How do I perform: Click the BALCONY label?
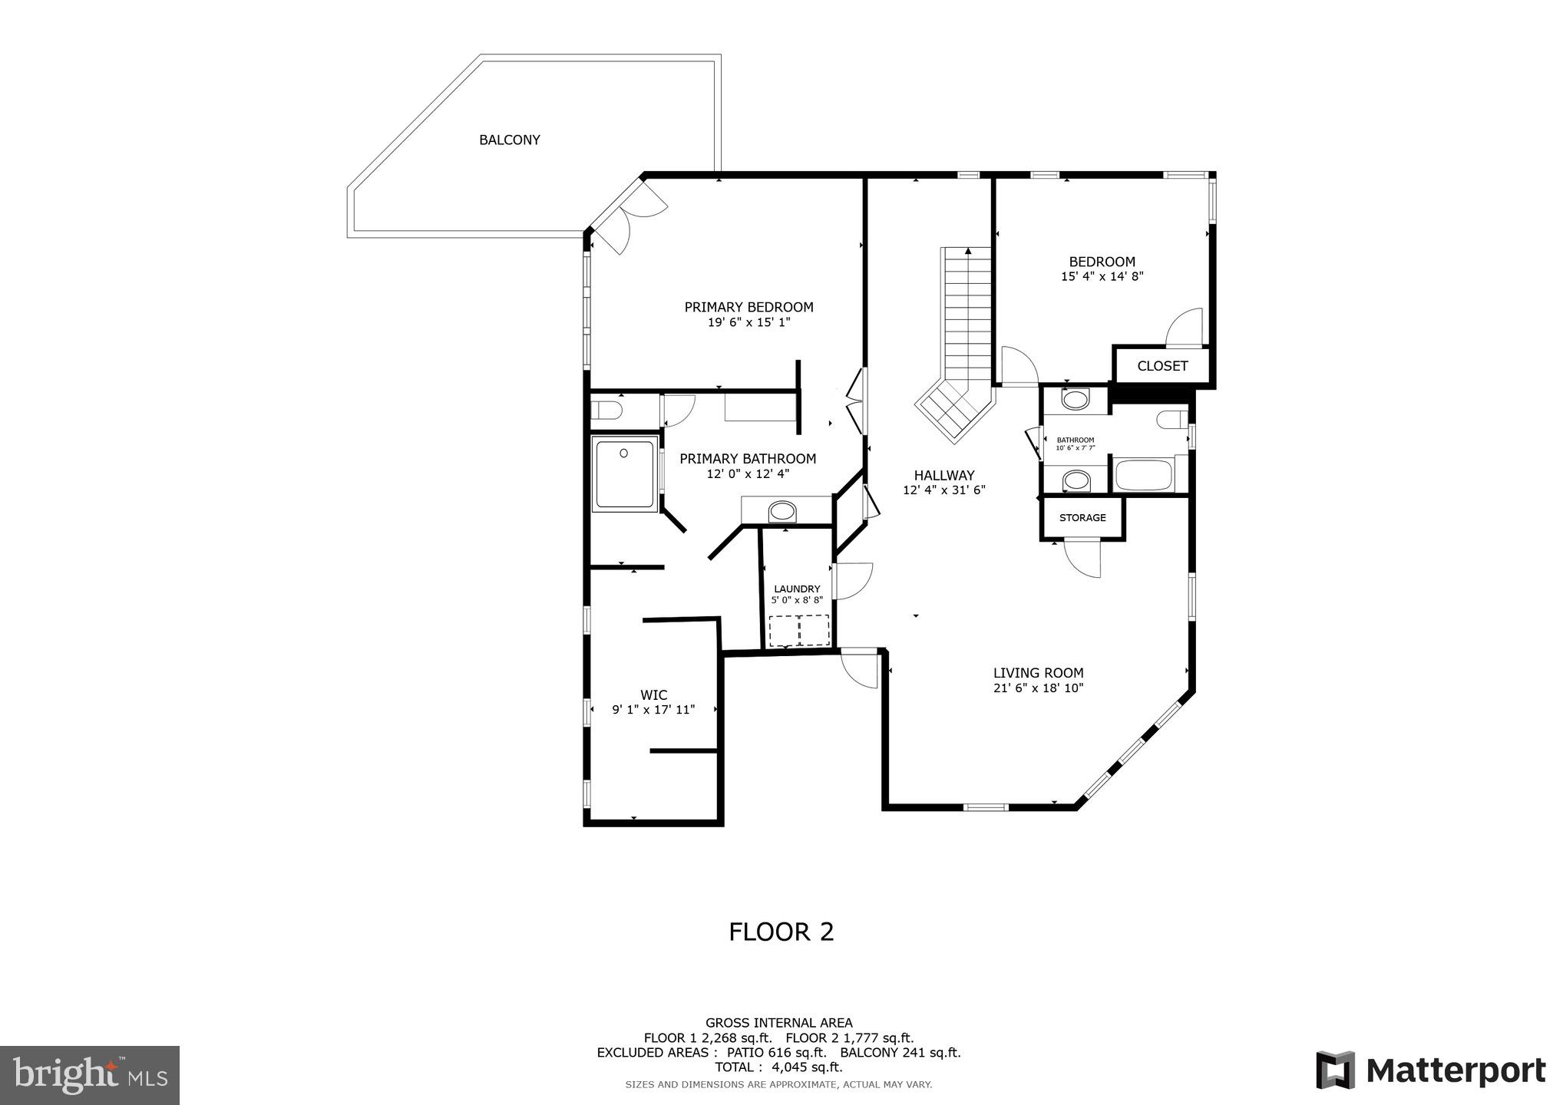[509, 140]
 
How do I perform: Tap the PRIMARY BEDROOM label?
[748, 307]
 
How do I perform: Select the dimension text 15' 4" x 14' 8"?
[1102, 276]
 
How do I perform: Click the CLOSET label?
[1162, 366]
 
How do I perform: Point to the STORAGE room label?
[1082, 518]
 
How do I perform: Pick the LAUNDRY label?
[796, 589]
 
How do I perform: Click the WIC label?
[653, 695]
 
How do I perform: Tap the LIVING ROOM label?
[1038, 673]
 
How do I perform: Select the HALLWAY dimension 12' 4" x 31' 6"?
[943, 490]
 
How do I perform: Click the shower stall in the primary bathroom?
[625, 473]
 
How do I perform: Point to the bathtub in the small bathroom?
[1143, 475]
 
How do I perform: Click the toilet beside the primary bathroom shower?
[606, 411]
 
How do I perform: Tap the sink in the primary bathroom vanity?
[782, 510]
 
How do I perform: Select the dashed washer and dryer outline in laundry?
[799, 630]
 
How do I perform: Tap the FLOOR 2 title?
[781, 932]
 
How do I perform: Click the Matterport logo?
[1430, 1070]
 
